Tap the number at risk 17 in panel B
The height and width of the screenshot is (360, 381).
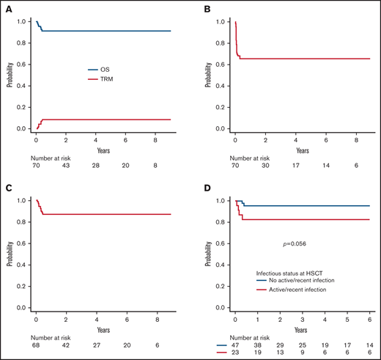(x=297, y=166)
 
